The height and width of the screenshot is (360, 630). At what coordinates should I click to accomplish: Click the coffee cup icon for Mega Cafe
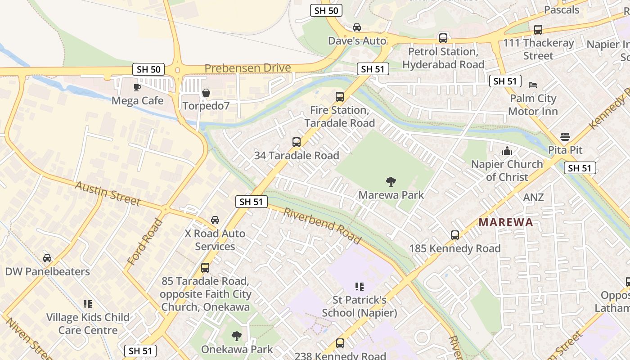pyautogui.click(x=137, y=87)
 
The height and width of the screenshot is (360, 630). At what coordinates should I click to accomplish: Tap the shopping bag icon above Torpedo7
pyautogui.click(x=206, y=93)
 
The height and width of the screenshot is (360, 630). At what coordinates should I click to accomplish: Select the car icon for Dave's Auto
pyautogui.click(x=357, y=27)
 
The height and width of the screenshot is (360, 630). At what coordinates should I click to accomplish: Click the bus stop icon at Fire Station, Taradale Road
pyautogui.click(x=340, y=97)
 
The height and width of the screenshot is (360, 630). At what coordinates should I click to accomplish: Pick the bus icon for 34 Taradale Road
pyautogui.click(x=297, y=142)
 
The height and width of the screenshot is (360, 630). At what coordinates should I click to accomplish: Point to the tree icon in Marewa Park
pyautogui.click(x=391, y=182)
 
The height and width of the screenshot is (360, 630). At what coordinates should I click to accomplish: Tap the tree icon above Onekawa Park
pyautogui.click(x=237, y=336)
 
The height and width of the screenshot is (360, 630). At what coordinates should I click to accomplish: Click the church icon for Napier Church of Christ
pyautogui.click(x=507, y=151)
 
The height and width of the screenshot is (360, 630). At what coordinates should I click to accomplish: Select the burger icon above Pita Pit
pyautogui.click(x=565, y=137)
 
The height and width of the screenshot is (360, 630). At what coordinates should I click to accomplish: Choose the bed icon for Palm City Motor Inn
pyautogui.click(x=533, y=85)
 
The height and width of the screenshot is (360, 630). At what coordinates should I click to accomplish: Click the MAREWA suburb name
pyautogui.click(x=506, y=222)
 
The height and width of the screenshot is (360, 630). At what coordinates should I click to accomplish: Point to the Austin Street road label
pyautogui.click(x=108, y=193)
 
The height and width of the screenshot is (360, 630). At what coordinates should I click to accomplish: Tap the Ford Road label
pyautogui.click(x=145, y=242)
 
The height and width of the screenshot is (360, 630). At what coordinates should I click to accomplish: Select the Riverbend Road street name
pyautogui.click(x=322, y=225)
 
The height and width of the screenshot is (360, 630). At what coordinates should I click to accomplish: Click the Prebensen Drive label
pyautogui.click(x=247, y=68)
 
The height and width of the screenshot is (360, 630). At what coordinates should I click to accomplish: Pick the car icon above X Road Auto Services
pyautogui.click(x=215, y=220)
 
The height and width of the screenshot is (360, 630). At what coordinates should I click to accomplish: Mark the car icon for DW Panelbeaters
pyautogui.click(x=47, y=258)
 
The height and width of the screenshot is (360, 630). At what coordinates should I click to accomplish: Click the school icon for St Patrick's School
pyautogui.click(x=359, y=287)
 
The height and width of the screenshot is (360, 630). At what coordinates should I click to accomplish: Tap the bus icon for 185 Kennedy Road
pyautogui.click(x=455, y=235)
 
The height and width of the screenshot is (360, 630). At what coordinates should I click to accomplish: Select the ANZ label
pyautogui.click(x=533, y=197)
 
